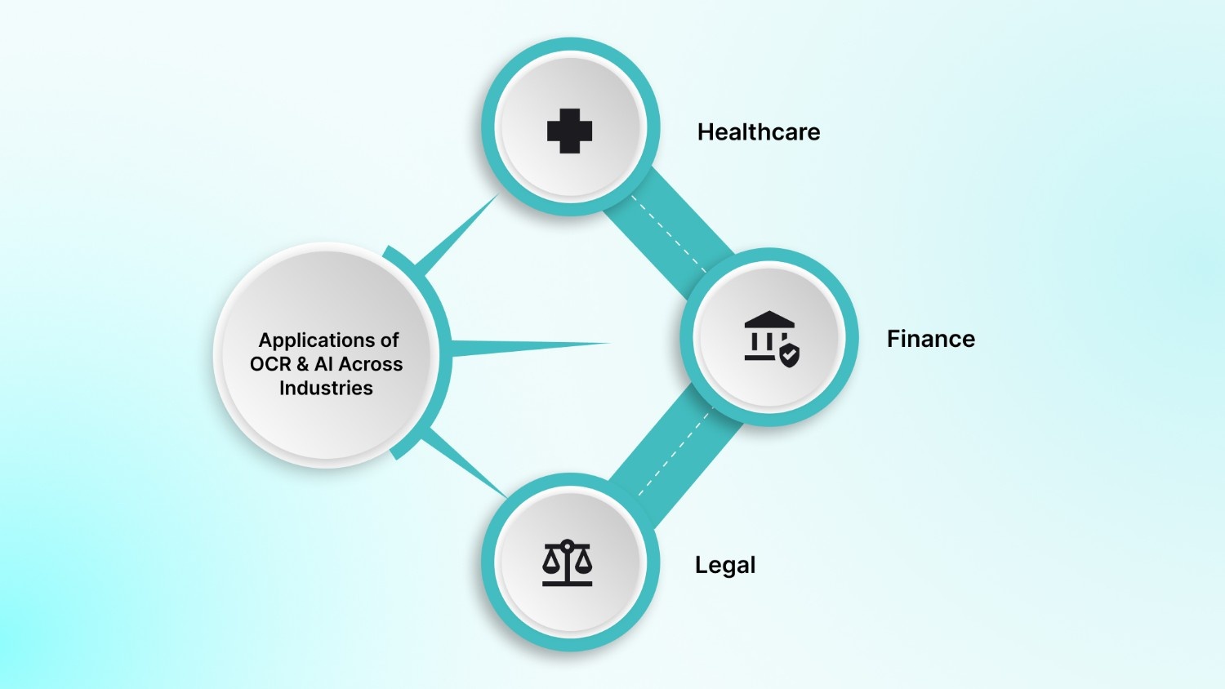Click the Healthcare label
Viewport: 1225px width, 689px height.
tap(758, 132)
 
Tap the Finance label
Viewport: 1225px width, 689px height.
tap(930, 339)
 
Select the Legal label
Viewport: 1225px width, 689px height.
tap(724, 565)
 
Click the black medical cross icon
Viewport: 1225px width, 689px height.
tap(569, 131)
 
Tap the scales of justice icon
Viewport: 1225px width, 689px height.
tap(568, 562)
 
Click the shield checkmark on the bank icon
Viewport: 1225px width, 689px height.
tap(789, 355)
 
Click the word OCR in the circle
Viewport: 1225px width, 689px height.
tap(270, 364)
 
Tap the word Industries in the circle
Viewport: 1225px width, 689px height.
tap(326, 388)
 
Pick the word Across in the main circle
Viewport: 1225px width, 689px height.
tap(370, 364)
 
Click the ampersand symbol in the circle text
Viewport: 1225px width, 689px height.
tap(302, 364)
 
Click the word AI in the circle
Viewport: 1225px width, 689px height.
tap(323, 364)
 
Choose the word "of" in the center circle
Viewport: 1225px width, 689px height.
tap(389, 340)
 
